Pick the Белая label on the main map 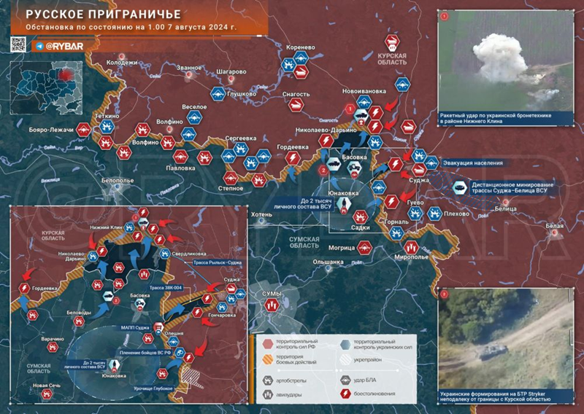554,226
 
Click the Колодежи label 122,63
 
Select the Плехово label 457,214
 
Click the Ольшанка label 328,261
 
